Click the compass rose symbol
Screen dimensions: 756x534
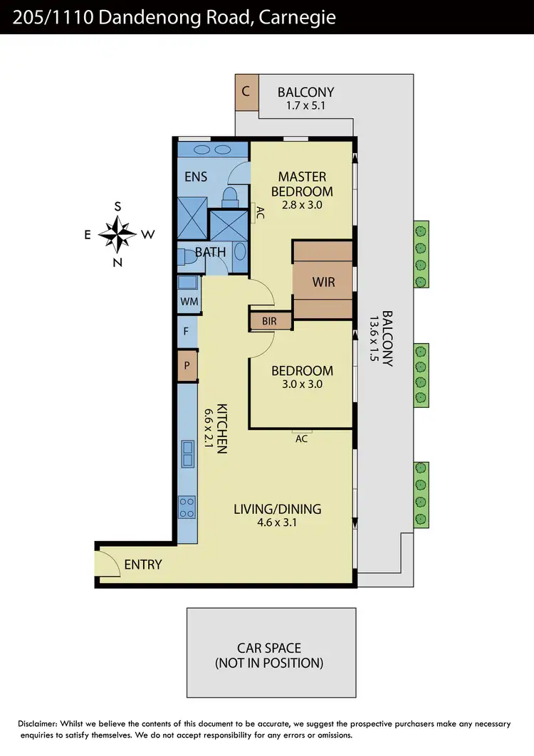[x=117, y=234]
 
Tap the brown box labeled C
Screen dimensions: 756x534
[x=246, y=92]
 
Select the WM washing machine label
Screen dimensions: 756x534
[x=189, y=302]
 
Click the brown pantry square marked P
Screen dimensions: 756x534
[x=187, y=365]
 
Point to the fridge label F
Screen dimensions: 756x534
[x=187, y=332]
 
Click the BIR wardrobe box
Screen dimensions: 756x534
[x=269, y=321]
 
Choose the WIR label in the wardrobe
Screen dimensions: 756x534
[x=323, y=280]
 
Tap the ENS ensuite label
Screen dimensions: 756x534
[x=196, y=176]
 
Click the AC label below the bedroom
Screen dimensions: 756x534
[x=301, y=439]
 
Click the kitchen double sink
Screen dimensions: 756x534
[x=187, y=453]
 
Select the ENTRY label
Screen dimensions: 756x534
[x=143, y=565]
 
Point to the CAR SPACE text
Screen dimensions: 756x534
[x=269, y=648]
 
